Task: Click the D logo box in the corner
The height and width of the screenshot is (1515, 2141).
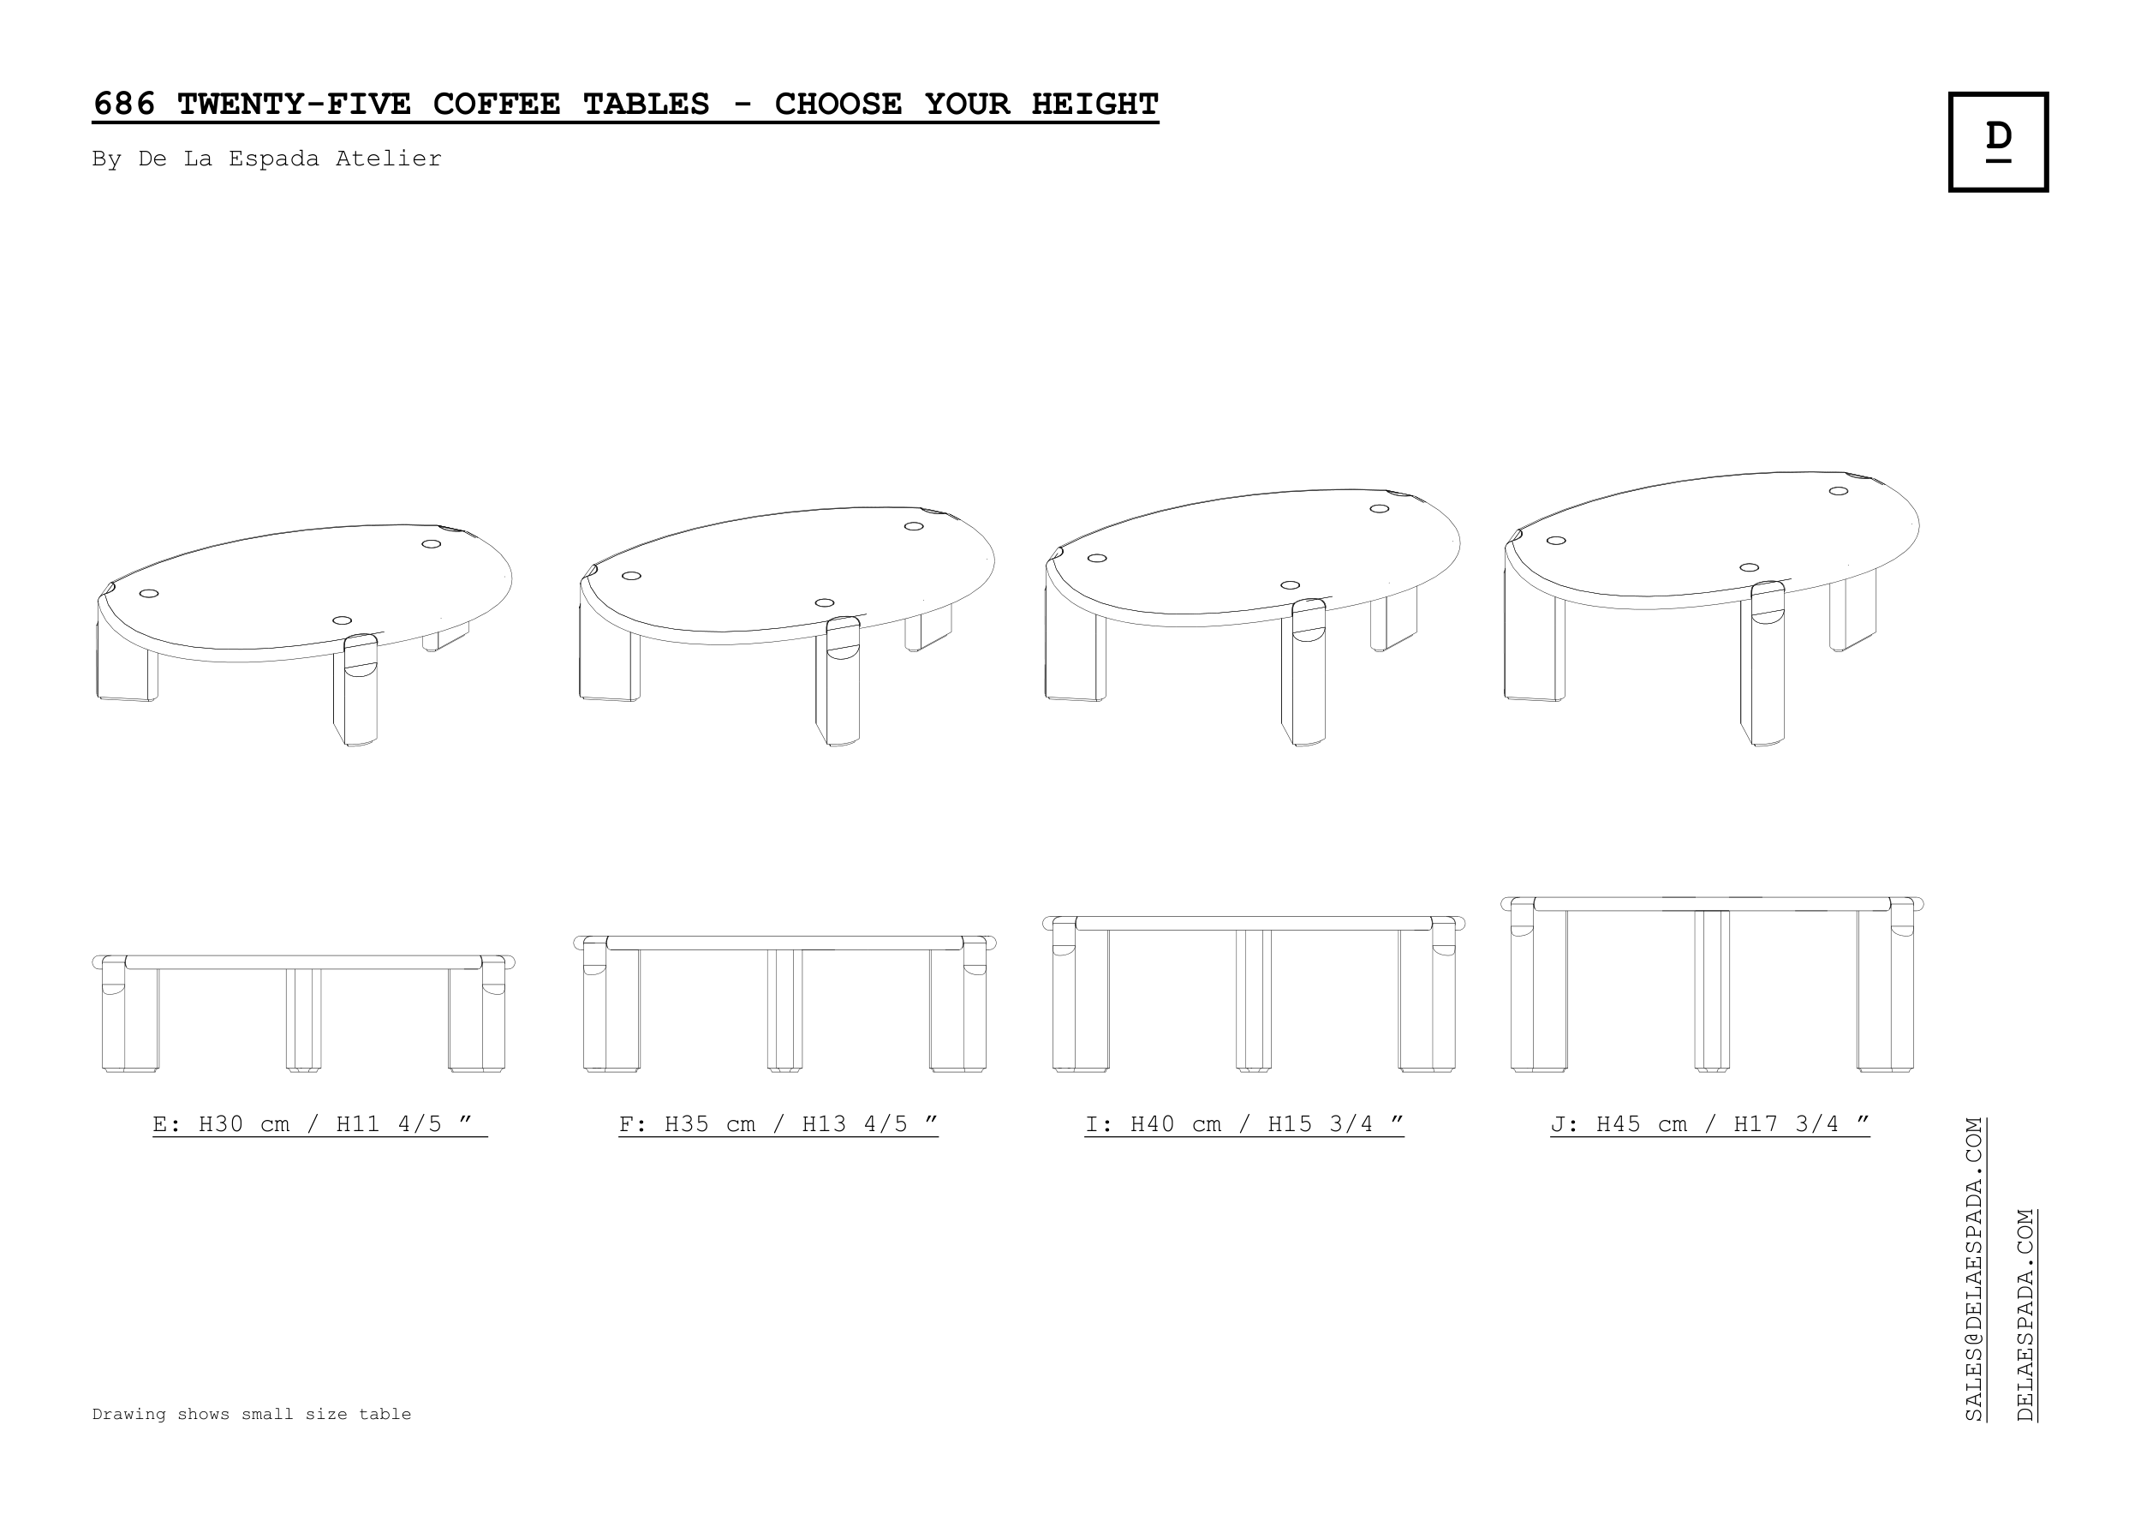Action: click(1997, 141)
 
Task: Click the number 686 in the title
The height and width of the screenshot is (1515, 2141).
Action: click(124, 104)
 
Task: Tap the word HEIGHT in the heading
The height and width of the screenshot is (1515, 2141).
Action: click(1094, 104)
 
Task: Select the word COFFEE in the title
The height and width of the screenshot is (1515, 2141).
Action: click(496, 104)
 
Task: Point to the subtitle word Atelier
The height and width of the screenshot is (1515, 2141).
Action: click(389, 159)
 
